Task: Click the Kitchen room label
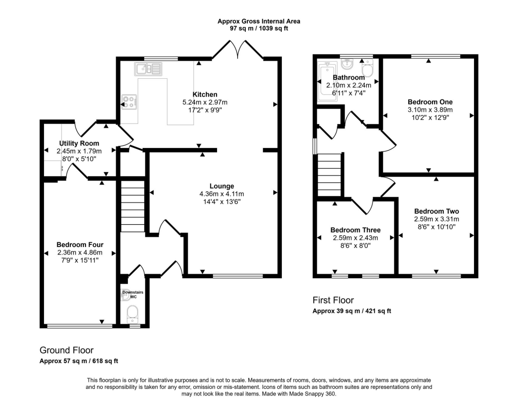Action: tap(205, 94)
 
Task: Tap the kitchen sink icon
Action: tap(148, 68)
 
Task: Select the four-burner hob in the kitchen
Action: tap(129, 103)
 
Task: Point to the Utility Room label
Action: tap(79, 143)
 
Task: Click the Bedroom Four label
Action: tap(79, 244)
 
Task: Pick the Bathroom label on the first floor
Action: tap(349, 78)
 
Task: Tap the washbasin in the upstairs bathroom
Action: tap(348, 65)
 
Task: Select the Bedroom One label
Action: tap(430, 101)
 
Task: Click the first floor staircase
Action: tap(329, 175)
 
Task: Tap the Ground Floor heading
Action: tap(66, 350)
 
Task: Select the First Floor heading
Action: tap(333, 300)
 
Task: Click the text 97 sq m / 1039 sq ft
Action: tap(258, 29)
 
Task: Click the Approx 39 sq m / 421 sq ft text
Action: tap(352, 311)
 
